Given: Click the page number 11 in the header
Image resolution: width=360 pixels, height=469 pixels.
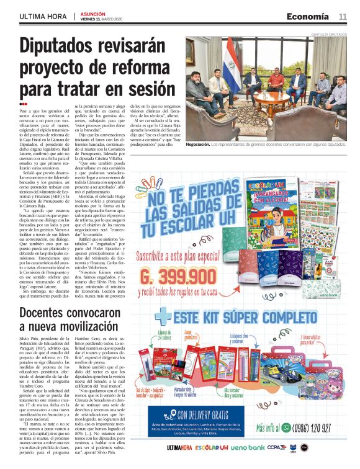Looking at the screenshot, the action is point(343,16).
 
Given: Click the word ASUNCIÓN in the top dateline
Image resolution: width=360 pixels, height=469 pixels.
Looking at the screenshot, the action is point(92,13).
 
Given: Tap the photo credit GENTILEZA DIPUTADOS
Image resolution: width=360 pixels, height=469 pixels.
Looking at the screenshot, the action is point(328,34).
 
